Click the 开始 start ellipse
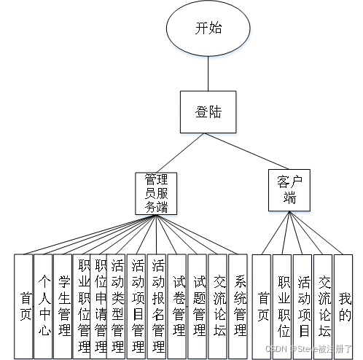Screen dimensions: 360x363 [208, 29]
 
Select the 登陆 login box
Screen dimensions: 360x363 [208, 113]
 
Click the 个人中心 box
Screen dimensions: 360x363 [44, 306]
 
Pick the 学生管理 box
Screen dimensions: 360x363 [64, 306]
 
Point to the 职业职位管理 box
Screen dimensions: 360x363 [82, 306]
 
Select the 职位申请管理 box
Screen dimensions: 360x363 [99, 306]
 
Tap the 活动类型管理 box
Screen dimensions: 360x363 [117, 306]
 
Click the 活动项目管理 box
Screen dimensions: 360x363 [137, 306]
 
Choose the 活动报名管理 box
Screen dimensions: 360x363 [157, 306]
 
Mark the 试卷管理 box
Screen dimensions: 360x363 [178, 306]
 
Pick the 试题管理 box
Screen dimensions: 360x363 [198, 306]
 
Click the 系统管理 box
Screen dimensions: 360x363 [239, 306]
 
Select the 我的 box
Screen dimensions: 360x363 [344, 306]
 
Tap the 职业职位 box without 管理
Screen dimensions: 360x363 [283, 306]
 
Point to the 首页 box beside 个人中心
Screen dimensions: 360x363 [25, 306]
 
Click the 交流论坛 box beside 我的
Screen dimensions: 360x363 [324, 306]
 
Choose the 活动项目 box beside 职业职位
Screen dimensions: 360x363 [303, 306]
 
